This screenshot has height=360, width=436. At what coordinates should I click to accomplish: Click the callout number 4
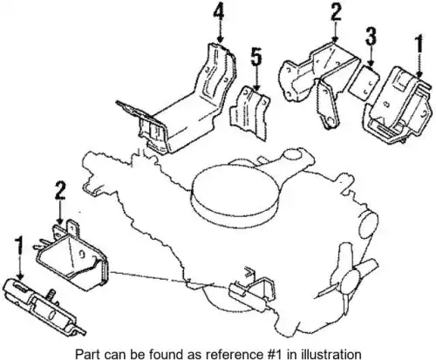pyautogui.click(x=219, y=14)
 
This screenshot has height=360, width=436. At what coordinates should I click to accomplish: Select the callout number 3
pyautogui.click(x=371, y=36)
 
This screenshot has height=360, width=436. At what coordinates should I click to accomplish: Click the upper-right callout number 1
pyautogui.click(x=419, y=44)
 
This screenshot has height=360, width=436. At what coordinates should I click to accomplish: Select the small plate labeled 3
pyautogui.click(x=364, y=83)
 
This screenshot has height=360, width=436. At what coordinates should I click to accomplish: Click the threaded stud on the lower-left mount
pyautogui.click(x=51, y=294)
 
